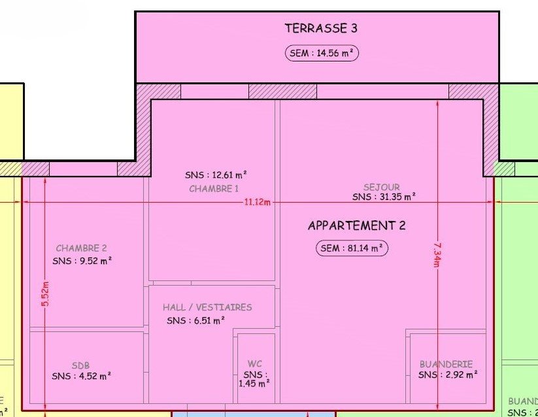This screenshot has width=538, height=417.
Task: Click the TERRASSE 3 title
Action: click(321, 28)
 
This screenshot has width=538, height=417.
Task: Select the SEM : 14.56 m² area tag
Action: click(322, 53)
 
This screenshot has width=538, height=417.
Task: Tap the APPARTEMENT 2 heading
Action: click(357, 225)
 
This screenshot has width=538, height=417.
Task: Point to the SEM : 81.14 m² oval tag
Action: click(352, 248)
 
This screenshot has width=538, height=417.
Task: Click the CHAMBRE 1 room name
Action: click(214, 189)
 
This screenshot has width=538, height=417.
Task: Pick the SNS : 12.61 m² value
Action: click(216, 175)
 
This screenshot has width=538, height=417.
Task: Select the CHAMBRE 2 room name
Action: click(81, 248)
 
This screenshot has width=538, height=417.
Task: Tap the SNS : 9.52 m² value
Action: click(82, 261)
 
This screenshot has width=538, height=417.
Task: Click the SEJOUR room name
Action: click(382, 187)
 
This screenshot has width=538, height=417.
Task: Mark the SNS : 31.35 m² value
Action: click(384, 197)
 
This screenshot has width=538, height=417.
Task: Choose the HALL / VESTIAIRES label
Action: click(207, 307)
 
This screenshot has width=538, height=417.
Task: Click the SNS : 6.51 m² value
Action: click(196, 321)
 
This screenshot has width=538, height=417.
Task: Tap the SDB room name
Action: click(80, 365)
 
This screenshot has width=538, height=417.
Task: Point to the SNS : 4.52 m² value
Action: click(82, 376)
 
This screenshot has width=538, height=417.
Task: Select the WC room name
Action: click(254, 364)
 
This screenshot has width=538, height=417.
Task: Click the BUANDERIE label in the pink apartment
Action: click(446, 364)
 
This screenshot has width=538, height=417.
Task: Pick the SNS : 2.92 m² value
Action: click(448, 375)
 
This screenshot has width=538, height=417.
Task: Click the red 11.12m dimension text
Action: click(257, 203)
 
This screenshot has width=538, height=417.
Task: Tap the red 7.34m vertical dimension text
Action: click(437, 255)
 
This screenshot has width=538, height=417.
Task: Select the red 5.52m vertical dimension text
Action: click(46, 294)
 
